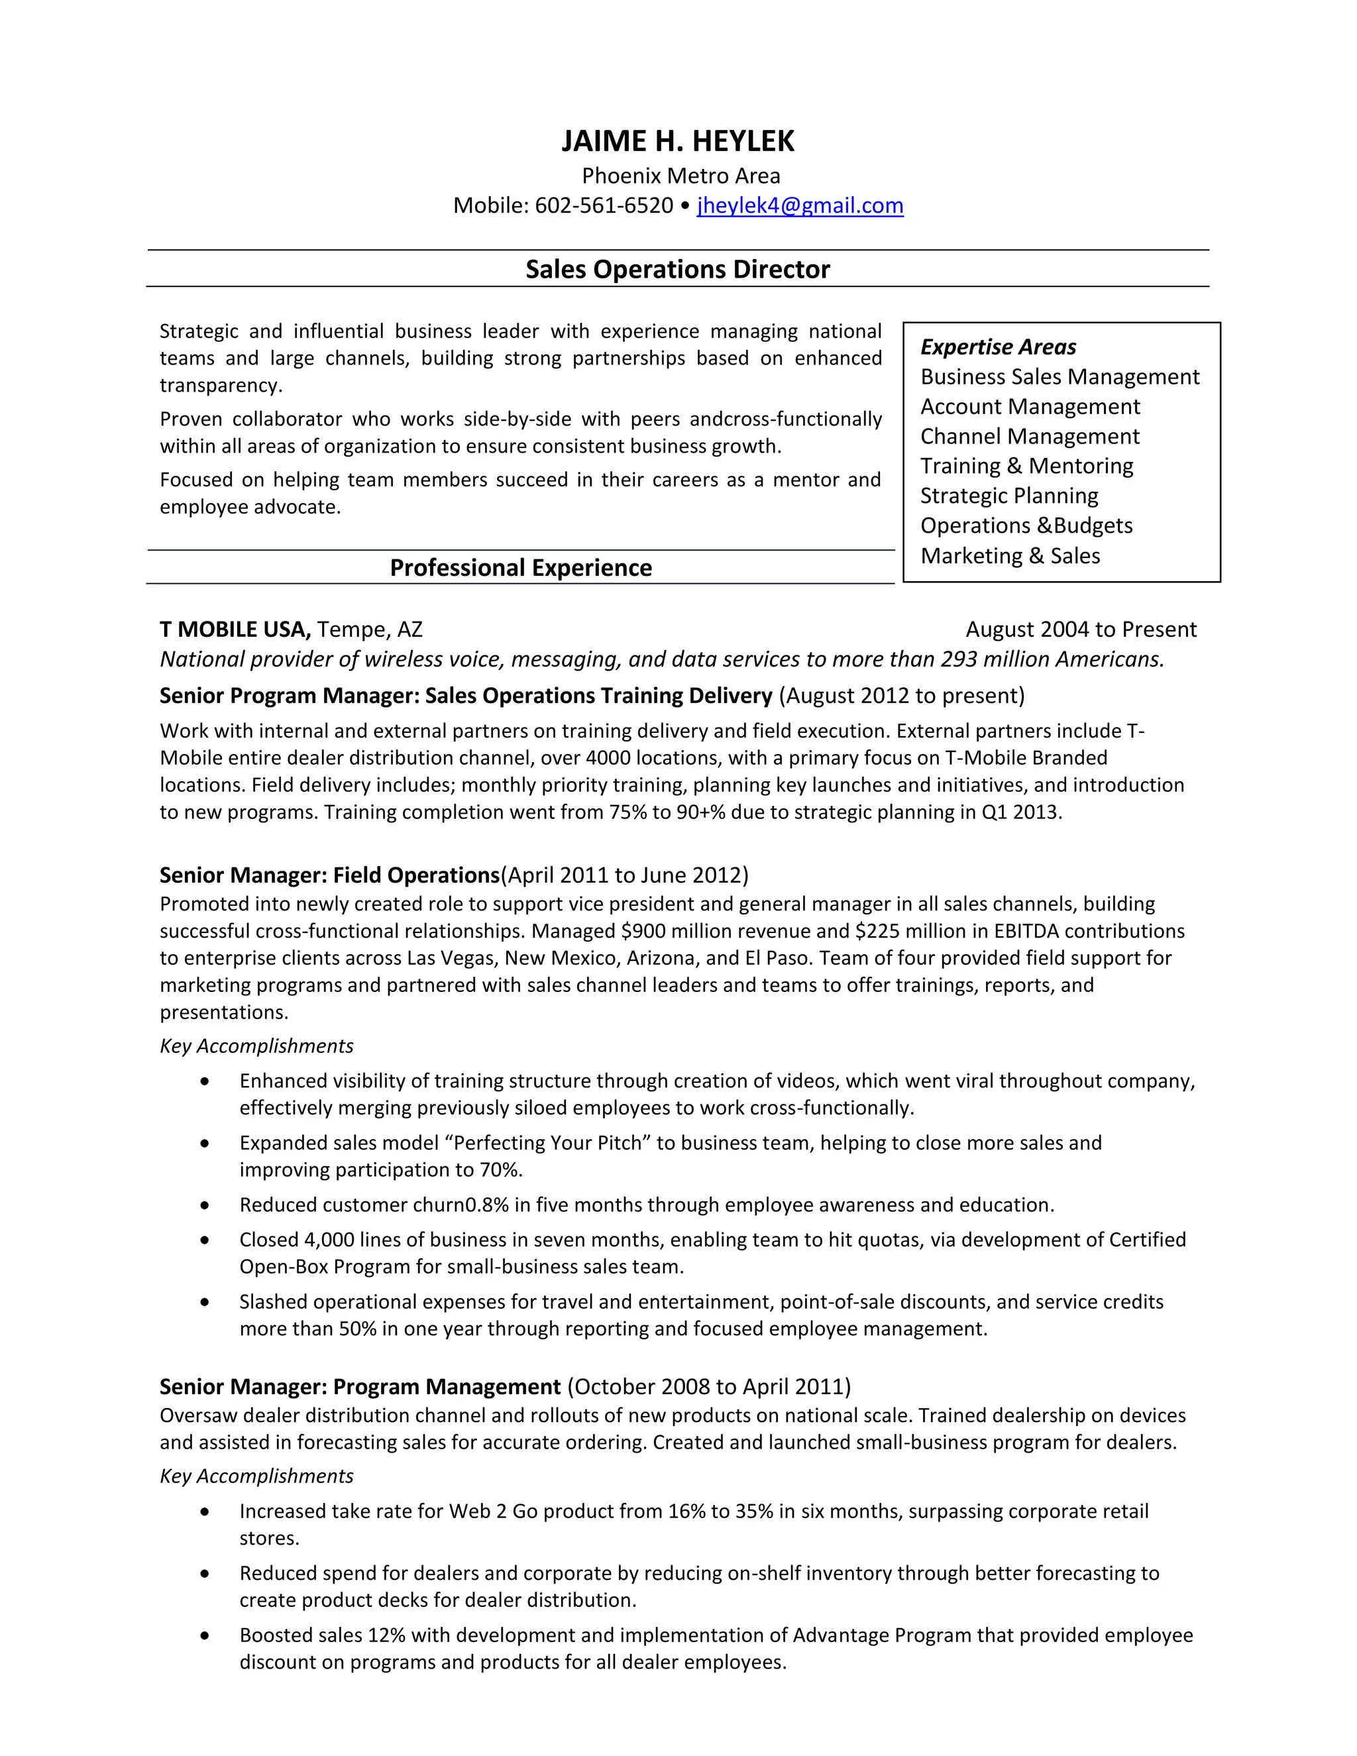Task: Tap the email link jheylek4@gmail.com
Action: point(800,206)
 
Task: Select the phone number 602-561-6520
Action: point(604,206)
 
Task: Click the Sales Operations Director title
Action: point(678,269)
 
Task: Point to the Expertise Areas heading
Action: point(998,347)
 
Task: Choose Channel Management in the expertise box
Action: point(1030,437)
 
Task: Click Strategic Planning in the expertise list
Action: point(1009,496)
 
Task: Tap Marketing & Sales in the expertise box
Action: point(1010,555)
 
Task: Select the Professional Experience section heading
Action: point(521,568)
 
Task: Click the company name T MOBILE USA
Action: point(235,630)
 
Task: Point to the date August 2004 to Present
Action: point(1081,630)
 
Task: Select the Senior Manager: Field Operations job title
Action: point(329,875)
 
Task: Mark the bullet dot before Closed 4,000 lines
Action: point(205,1240)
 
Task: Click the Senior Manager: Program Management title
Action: point(359,1386)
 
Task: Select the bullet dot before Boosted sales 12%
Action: point(205,1635)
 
